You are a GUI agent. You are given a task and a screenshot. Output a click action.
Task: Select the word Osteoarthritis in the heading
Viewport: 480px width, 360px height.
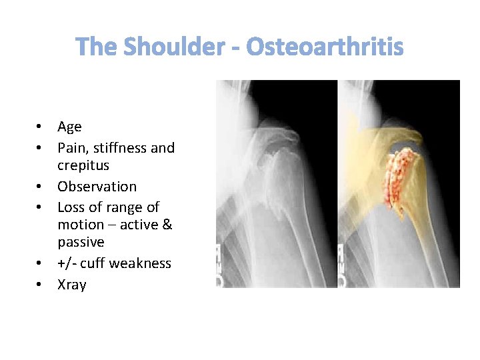pos(325,47)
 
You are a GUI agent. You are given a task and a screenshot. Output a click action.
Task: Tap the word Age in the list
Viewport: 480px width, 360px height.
pos(69,127)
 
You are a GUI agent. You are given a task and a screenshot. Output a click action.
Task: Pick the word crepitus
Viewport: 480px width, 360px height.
pos(83,165)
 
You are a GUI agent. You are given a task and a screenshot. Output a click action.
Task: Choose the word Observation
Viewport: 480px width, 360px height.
pos(97,187)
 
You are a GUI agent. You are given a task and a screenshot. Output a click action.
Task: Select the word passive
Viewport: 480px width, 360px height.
pos(81,242)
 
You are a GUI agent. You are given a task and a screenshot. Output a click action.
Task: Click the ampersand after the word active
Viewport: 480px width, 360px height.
pos(167,225)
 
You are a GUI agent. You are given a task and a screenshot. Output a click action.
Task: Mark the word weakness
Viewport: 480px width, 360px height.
pos(140,263)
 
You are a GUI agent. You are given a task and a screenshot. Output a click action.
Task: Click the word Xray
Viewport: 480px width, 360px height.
pos(72,285)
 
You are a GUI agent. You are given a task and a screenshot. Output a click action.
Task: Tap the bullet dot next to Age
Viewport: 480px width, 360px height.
pos(40,127)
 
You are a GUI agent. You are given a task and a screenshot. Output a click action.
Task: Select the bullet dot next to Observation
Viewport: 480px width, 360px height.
pos(40,187)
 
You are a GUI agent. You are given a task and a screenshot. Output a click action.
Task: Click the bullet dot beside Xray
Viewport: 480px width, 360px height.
pos(40,285)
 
